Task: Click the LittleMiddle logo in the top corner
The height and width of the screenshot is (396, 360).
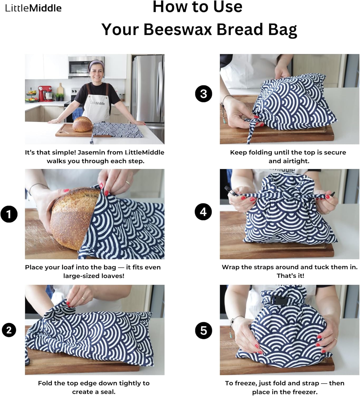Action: [33, 8]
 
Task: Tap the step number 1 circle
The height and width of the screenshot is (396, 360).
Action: [9, 214]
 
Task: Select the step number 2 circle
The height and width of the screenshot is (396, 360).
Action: [9, 330]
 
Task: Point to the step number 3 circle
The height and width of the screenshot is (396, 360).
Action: [204, 94]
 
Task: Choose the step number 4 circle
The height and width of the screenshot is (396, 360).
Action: [203, 212]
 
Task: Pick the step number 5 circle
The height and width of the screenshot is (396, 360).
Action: [204, 330]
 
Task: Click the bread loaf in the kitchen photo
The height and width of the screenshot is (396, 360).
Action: [83, 124]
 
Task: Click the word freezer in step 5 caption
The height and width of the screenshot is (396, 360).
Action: [305, 392]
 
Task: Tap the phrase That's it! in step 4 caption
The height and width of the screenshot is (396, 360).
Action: [290, 276]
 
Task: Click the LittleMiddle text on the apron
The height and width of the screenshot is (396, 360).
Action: [97, 103]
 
